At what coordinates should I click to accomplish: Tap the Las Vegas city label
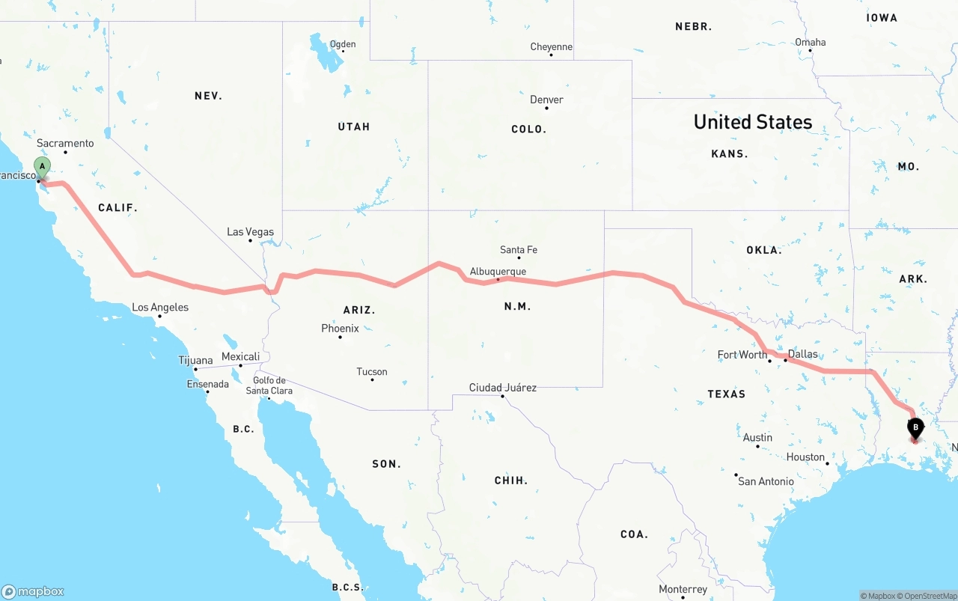[x=250, y=232]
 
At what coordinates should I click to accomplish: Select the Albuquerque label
[x=498, y=272]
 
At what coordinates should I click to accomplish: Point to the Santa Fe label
[x=519, y=250]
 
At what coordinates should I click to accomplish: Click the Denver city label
[x=546, y=100]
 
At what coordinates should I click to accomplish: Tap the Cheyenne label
[x=552, y=47]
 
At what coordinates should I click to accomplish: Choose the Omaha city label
[x=811, y=42]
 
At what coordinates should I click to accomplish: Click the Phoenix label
[x=340, y=329]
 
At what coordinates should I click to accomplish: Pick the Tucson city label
[x=372, y=372]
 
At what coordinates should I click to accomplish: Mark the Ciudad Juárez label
[x=502, y=388]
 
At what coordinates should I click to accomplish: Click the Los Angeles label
[x=160, y=308]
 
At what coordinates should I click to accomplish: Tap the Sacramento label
[x=66, y=143]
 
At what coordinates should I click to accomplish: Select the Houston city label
[x=805, y=457]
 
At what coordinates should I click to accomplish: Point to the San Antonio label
[x=766, y=481]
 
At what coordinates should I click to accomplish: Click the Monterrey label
[x=683, y=590]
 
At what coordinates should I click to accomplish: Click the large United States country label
[x=752, y=122]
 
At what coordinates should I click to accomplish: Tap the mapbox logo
[x=33, y=591]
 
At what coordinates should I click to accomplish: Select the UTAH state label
[x=353, y=126]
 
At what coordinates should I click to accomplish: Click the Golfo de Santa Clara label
[x=269, y=385]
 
